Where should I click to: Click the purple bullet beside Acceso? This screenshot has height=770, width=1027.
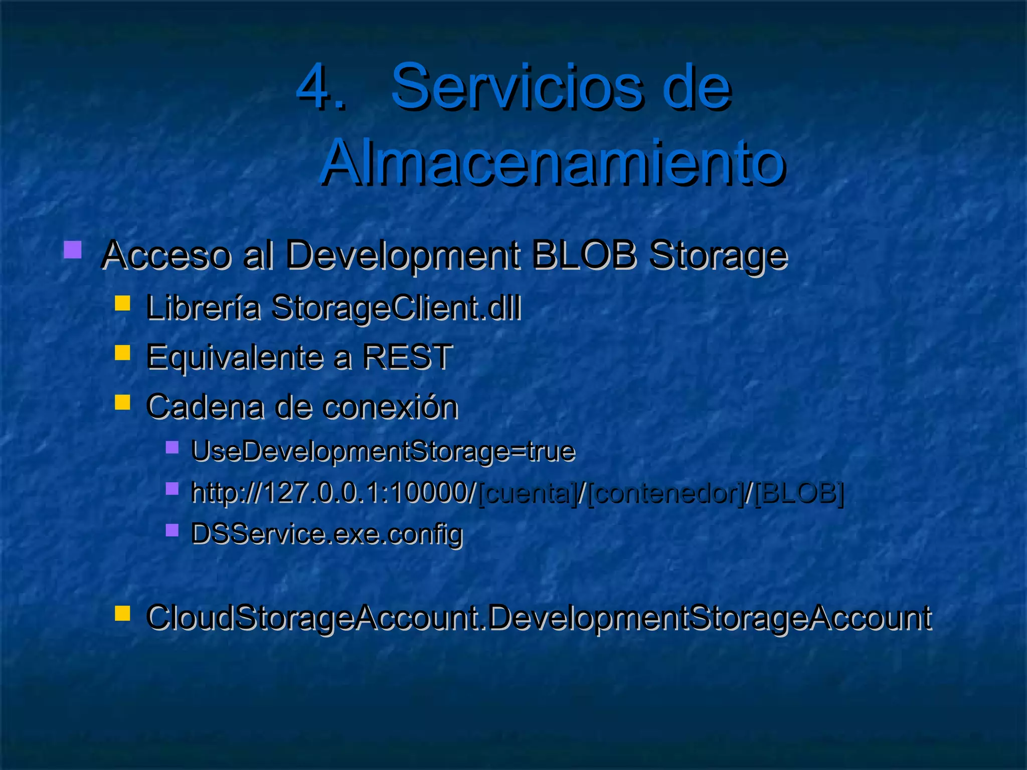73,250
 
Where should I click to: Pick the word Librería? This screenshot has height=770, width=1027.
203,307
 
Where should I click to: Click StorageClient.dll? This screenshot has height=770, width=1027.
396,308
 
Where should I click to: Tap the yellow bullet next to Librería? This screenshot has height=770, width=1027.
122,303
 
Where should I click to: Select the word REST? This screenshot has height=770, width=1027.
407,356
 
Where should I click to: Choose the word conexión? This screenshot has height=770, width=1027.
390,406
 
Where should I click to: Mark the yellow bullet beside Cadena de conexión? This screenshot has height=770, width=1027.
122,402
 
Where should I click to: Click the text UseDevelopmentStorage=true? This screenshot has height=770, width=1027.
383,451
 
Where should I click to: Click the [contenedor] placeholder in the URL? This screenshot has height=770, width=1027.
664,493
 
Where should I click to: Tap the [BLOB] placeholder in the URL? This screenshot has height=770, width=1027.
798,493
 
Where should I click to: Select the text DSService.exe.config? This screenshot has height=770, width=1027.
326,534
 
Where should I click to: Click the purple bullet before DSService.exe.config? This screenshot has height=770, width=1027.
172,530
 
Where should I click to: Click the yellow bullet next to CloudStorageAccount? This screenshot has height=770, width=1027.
122,613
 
